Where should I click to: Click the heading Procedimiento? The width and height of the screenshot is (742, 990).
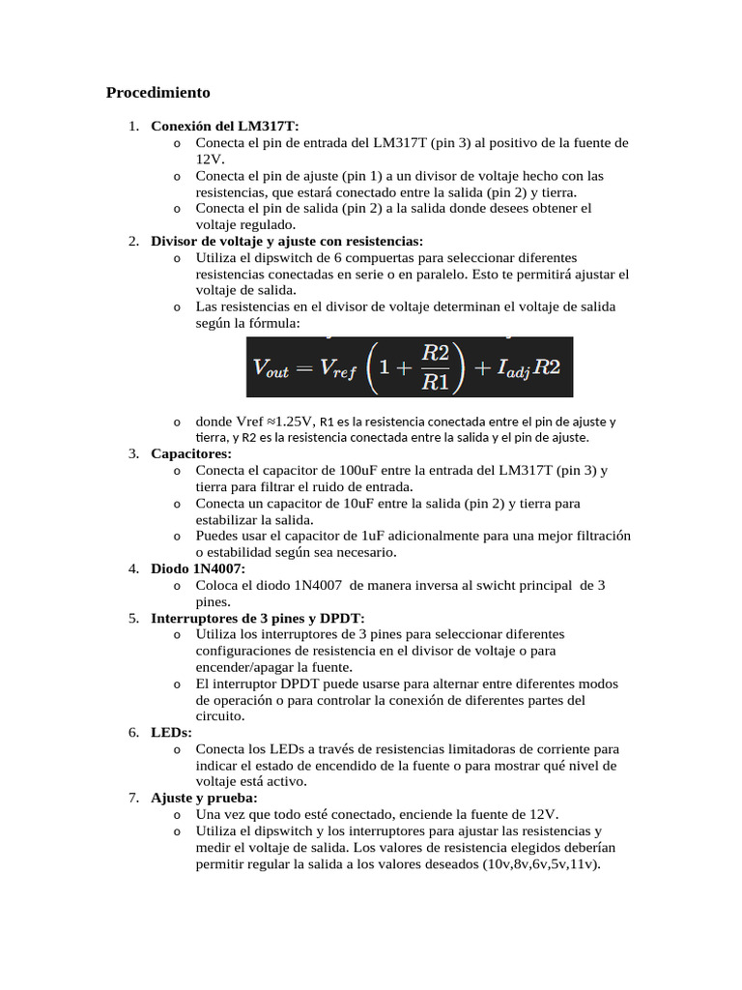tap(157, 94)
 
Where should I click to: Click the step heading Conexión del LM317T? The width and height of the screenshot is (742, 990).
tap(225, 126)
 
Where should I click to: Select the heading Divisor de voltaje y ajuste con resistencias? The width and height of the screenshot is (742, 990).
tap(287, 241)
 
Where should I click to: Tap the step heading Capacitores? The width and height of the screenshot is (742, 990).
tap(191, 453)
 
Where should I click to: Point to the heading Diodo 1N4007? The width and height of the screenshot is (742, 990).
tap(198, 568)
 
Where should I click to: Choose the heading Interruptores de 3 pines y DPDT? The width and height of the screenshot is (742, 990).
tap(258, 618)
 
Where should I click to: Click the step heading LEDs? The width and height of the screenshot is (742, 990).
tap(171, 733)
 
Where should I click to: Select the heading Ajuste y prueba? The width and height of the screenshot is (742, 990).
tap(204, 798)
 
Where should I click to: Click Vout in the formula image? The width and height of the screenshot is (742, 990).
tap(271, 367)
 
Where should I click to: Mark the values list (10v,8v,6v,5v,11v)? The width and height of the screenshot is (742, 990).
tap(541, 864)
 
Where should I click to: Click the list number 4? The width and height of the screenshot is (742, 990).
tap(133, 568)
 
